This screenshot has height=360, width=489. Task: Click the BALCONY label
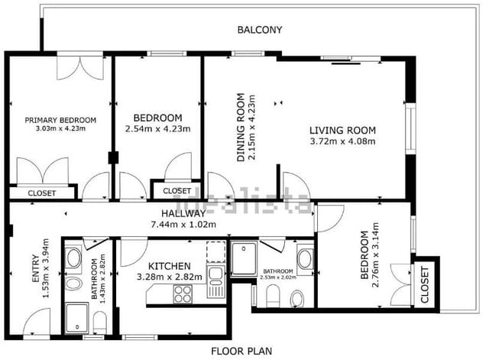click(260, 31)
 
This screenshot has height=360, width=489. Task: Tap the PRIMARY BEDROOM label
click(60, 120)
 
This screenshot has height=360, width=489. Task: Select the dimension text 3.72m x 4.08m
click(343, 141)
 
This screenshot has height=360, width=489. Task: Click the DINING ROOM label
click(241, 127)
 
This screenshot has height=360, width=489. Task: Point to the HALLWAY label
click(183, 214)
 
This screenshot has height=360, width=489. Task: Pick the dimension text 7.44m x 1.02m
click(183, 225)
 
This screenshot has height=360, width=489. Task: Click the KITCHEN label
click(165, 266)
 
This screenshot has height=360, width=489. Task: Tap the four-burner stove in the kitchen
click(183, 294)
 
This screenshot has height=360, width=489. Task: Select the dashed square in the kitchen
click(216, 251)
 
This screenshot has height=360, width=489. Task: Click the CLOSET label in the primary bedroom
click(41, 194)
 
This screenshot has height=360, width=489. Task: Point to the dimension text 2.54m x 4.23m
click(157, 129)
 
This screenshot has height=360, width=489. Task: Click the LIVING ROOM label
click(342, 130)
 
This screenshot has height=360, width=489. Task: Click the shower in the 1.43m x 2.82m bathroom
click(77, 317)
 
